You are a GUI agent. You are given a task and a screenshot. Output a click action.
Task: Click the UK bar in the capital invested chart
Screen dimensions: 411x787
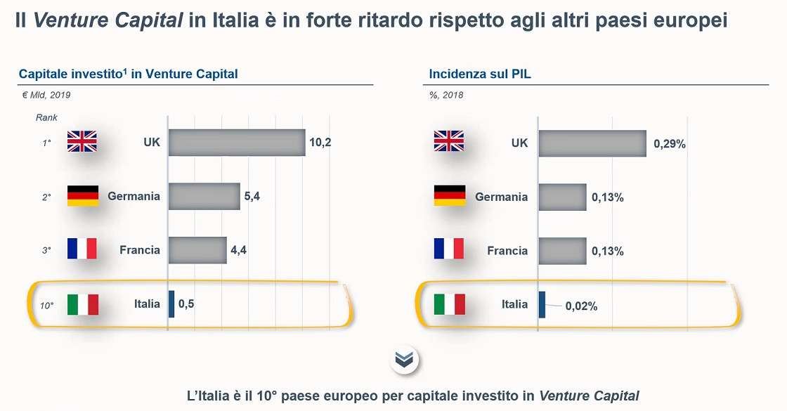coord(237,143)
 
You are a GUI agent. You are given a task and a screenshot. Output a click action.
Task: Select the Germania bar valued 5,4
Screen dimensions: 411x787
coord(204,197)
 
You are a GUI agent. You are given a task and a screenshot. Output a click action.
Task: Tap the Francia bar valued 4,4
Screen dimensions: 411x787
coord(197,250)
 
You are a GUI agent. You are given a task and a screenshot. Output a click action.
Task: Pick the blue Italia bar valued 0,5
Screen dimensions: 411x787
coord(171,304)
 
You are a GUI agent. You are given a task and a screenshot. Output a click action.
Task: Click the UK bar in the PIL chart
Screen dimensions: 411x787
coord(592,143)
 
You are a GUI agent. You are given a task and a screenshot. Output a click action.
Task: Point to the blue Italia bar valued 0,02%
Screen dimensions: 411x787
coord(542,304)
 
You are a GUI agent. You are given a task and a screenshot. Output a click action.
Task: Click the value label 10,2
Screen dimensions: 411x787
coord(320,143)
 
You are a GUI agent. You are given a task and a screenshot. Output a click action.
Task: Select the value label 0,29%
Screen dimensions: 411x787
coord(669,144)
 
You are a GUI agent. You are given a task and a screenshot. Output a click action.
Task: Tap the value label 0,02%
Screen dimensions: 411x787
coord(581,306)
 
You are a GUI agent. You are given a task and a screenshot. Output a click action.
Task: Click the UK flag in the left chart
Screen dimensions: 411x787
coord(82,143)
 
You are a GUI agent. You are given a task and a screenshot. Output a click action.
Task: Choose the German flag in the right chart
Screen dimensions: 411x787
coord(450,196)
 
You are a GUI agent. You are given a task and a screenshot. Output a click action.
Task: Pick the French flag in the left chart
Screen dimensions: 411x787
coord(82,249)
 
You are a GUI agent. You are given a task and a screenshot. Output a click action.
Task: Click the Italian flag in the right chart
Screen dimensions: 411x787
coord(450,304)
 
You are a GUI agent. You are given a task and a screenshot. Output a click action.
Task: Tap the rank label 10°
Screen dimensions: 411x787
coord(46,306)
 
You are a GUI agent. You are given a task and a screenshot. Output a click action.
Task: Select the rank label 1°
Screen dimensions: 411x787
coord(46,143)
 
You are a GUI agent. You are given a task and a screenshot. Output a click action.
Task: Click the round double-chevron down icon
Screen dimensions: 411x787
coord(404,360)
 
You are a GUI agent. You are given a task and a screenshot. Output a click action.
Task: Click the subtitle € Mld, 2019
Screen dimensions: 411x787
coord(46,95)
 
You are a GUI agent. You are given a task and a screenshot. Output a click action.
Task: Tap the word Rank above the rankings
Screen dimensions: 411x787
coord(46,117)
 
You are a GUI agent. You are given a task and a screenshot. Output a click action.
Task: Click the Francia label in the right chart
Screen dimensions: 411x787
coord(507,250)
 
